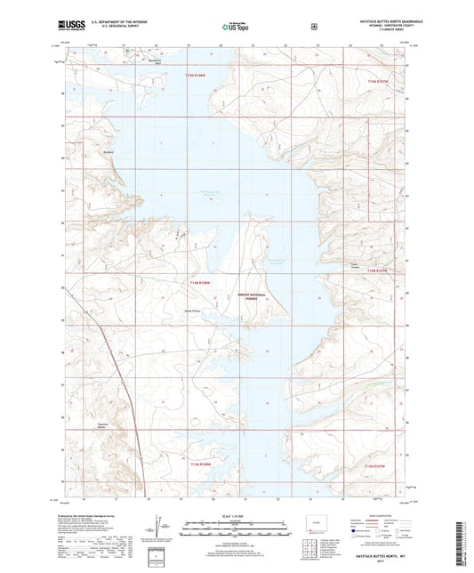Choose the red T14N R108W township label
point(201,283)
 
